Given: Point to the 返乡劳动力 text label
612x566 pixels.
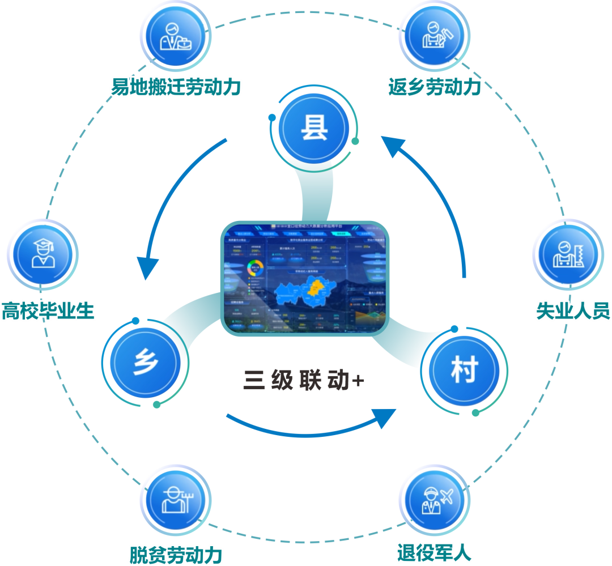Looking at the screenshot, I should tap(435, 87).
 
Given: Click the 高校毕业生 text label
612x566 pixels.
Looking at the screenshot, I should tap(48, 311).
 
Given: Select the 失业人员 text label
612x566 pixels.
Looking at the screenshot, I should tap(572, 310).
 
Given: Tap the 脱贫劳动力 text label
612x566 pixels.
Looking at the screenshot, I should tap(176, 555).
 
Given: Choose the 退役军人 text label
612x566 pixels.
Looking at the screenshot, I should tap(434, 552).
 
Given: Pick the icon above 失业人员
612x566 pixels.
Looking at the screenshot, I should tap(567, 254).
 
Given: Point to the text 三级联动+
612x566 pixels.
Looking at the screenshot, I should tap(304, 380).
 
